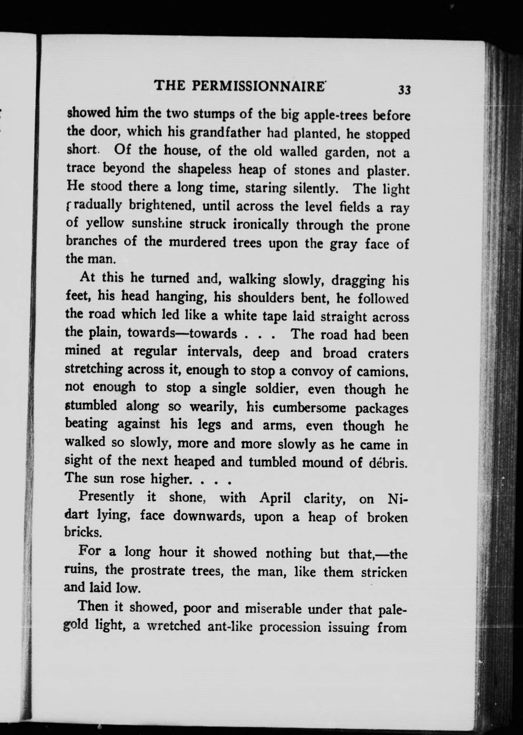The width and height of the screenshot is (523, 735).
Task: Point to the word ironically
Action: tap(260, 225)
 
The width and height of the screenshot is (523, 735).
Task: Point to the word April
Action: tap(275, 499)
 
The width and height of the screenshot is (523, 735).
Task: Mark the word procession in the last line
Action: tap(290, 628)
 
